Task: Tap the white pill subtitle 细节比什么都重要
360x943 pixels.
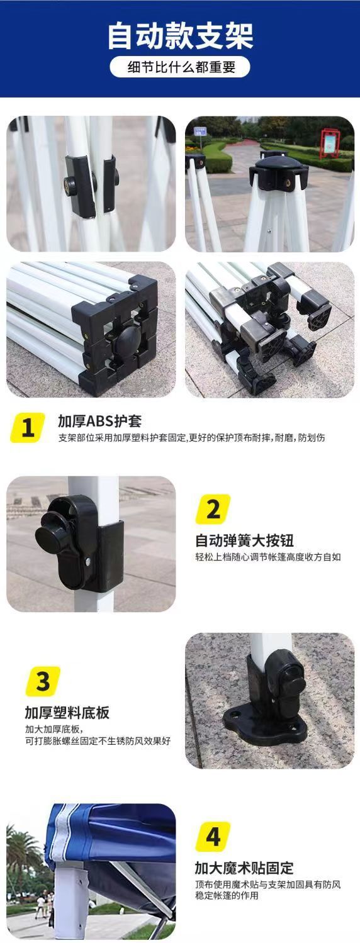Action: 180,67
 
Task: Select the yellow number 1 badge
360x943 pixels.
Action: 28,428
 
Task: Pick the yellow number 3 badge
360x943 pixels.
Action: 43,681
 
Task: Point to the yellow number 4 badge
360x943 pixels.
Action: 213,837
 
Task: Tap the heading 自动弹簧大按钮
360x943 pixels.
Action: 244,540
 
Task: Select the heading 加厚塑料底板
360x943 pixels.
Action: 67,713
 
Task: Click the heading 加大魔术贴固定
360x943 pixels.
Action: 244,869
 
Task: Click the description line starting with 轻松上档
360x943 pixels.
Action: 267,557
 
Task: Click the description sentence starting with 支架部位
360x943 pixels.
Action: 200,438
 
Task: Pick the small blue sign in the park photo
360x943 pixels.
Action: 200,131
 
